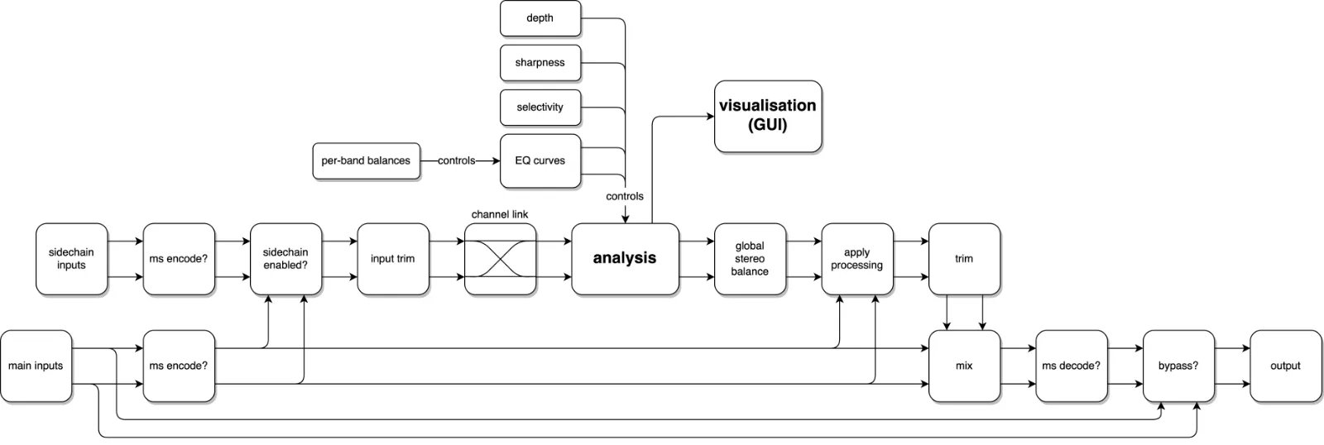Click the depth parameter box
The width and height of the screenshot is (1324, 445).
(540, 18)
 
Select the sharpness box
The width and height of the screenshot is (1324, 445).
(540, 63)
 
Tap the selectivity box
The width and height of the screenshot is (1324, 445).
(540, 108)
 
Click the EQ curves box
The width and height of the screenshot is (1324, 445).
(540, 160)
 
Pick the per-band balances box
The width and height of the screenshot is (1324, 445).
(366, 160)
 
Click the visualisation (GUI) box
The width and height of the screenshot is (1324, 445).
(767, 116)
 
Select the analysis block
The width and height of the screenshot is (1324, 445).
(624, 258)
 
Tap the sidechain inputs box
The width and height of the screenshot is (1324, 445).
(71, 259)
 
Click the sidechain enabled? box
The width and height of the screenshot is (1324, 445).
(285, 259)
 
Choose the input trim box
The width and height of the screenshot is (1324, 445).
(392, 259)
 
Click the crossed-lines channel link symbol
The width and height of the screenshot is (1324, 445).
(500, 259)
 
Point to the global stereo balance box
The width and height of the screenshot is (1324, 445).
(749, 259)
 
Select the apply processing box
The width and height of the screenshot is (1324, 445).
(856, 259)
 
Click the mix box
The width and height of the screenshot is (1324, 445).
(964, 366)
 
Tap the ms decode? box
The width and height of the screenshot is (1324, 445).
(1071, 366)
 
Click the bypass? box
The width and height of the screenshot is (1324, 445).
(1178, 366)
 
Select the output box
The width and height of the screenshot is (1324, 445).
(1285, 366)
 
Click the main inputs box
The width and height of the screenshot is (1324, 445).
(36, 366)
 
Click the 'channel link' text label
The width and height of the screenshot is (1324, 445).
(500, 214)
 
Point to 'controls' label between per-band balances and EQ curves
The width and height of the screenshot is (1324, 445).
(456, 160)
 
